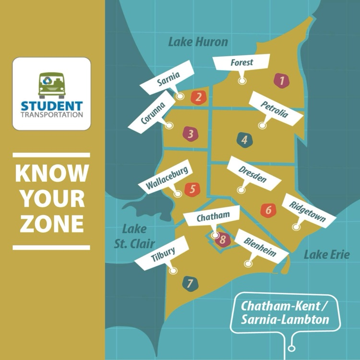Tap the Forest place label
tap(241, 63)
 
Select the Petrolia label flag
tap(274, 108)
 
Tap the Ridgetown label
tap(307, 212)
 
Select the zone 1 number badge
tap(282, 81)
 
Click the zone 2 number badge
tap(198, 97)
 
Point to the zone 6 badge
tap(268, 210)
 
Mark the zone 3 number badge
tap(191, 134)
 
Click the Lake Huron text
tap(198, 42)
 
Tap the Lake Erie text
tap(326, 254)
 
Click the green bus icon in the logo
tap(51, 85)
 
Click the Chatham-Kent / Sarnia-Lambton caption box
tap(285, 312)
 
